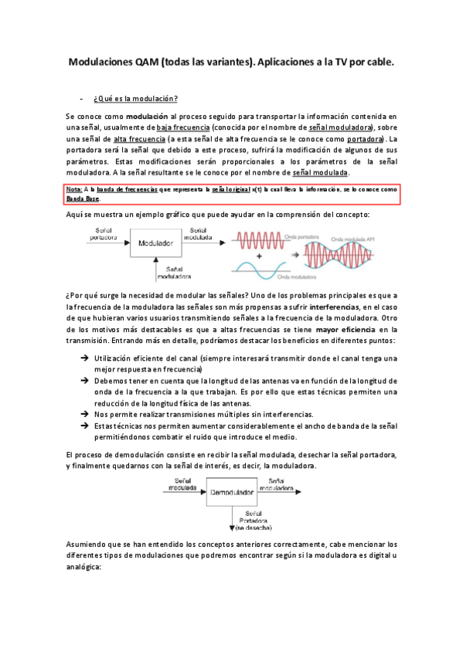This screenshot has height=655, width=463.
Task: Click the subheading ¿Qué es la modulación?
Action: [x=136, y=99]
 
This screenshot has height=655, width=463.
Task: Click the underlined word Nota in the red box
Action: [x=74, y=189]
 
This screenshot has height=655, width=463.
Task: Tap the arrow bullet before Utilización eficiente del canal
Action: [x=83, y=358]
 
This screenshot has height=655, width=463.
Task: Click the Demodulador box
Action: [x=229, y=492]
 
